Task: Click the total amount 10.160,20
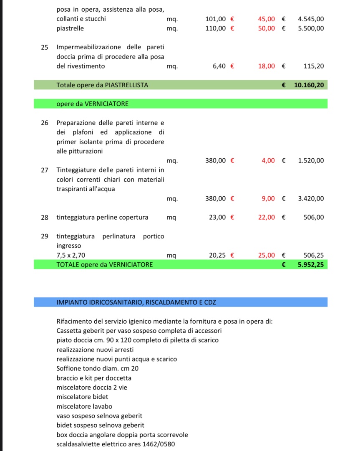click(309, 85)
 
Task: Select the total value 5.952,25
click(311, 264)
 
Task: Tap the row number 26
click(45, 123)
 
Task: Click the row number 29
click(45, 236)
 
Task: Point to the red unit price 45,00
click(267, 19)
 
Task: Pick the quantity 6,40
click(219, 66)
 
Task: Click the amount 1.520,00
click(311, 160)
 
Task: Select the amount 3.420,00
click(311, 199)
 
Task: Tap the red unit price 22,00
click(267, 217)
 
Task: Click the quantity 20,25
click(217, 255)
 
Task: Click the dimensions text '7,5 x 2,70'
click(71, 255)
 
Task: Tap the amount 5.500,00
click(311, 28)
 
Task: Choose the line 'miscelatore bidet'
click(82, 397)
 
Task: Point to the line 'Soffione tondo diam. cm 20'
click(98, 368)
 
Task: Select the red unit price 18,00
click(267, 66)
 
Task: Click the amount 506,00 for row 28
click(313, 217)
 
